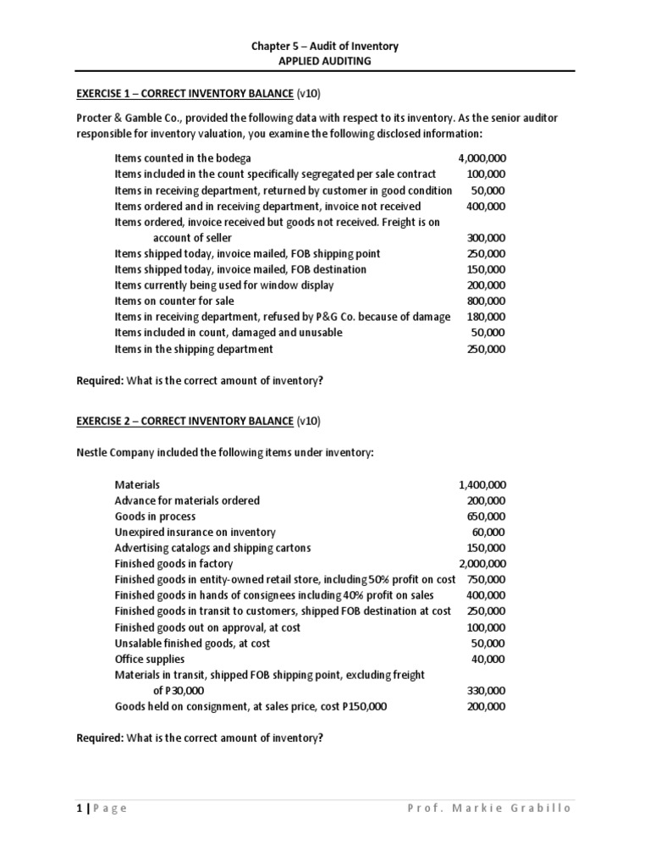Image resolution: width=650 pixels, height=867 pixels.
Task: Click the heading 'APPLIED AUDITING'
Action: pyautogui.click(x=325, y=61)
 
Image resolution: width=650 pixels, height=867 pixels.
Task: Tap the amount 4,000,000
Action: pyautogui.click(x=482, y=158)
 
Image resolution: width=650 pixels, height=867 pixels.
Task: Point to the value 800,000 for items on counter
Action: pyautogui.click(x=486, y=301)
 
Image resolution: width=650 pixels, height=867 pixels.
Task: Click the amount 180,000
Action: pyautogui.click(x=486, y=317)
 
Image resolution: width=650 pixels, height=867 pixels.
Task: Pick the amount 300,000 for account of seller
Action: pyautogui.click(x=486, y=238)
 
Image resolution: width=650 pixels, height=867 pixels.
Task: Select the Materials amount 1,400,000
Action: pyautogui.click(x=482, y=485)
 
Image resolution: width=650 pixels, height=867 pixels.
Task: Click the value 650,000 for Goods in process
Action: pyautogui.click(x=486, y=516)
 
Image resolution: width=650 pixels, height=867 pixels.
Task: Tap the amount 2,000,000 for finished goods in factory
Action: pyautogui.click(x=482, y=564)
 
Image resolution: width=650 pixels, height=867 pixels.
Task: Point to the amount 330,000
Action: pyautogui.click(x=486, y=690)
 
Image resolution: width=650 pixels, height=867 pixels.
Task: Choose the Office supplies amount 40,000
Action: pyautogui.click(x=488, y=659)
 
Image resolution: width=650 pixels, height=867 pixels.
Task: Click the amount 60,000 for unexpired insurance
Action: pyautogui.click(x=488, y=533)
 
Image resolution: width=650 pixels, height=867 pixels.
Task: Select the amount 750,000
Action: pyautogui.click(x=486, y=579)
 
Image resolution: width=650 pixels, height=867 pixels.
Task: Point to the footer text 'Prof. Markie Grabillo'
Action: pyautogui.click(x=489, y=808)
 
